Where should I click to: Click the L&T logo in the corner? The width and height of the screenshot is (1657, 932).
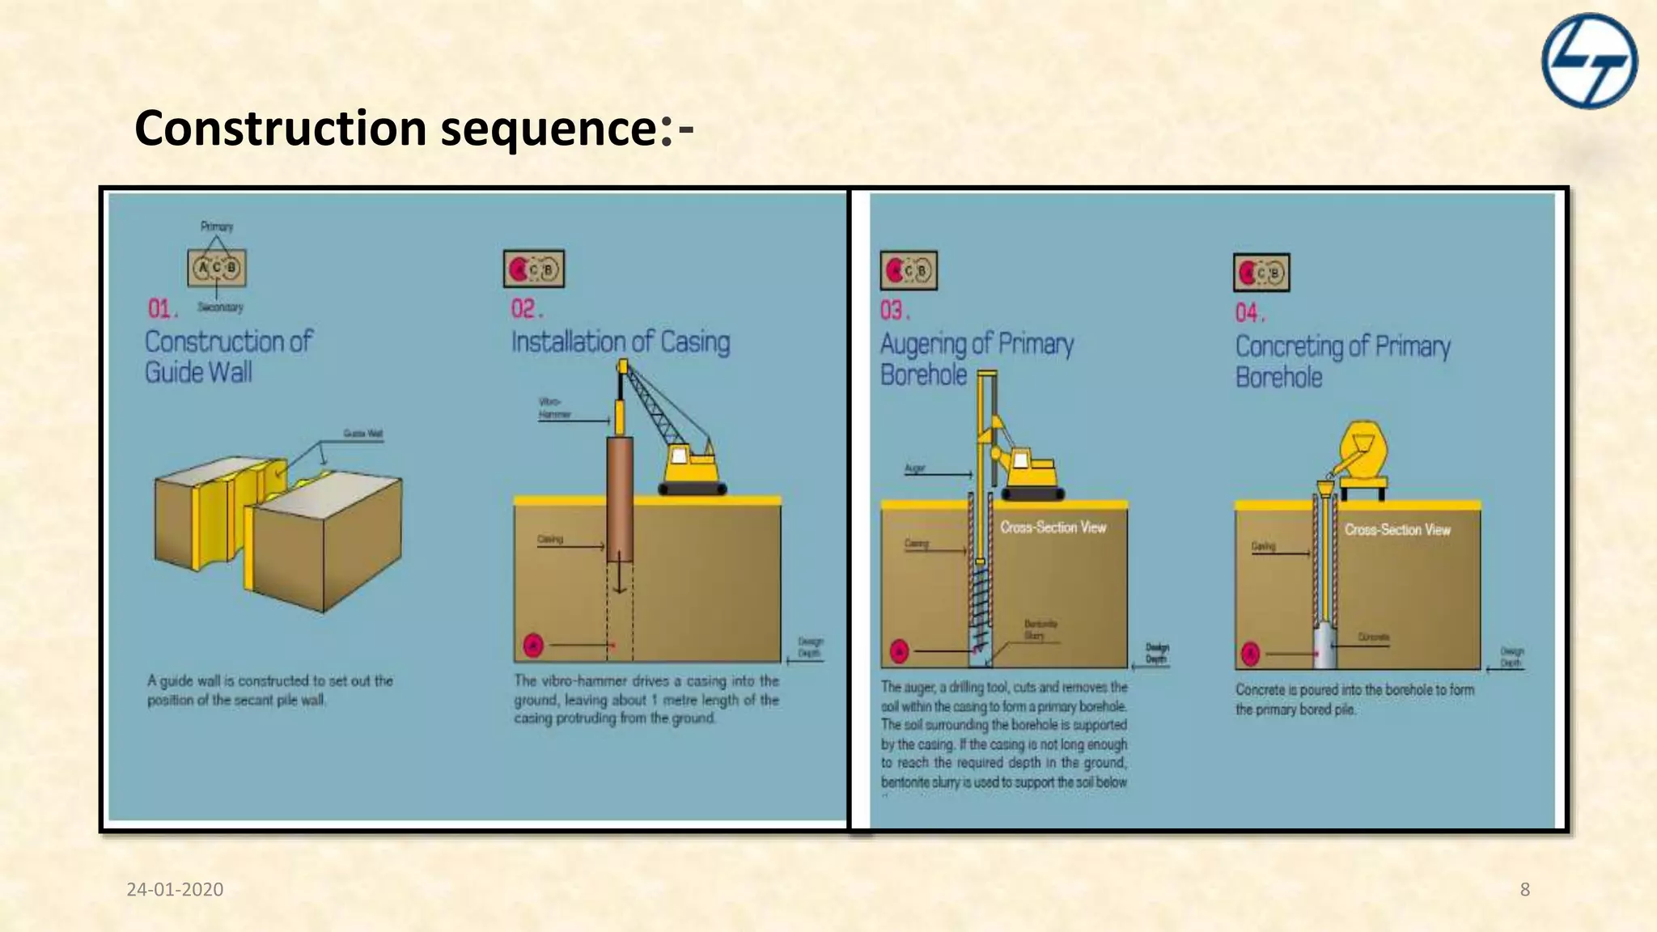click(x=1589, y=61)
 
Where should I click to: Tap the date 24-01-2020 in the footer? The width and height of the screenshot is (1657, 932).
click(x=175, y=889)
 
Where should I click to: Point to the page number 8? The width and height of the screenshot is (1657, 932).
click(x=1524, y=889)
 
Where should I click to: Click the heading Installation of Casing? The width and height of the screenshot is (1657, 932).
click(x=620, y=341)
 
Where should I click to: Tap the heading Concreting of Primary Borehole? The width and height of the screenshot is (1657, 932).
click(x=1341, y=361)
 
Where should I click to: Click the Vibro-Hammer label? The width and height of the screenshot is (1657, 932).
click(x=555, y=408)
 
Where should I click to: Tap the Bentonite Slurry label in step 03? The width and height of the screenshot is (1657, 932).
click(x=1040, y=629)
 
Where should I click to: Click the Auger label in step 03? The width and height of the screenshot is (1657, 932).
click(x=914, y=468)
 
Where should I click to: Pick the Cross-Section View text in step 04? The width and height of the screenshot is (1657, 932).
click(x=1397, y=530)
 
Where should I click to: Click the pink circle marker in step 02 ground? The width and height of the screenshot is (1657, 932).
click(x=532, y=645)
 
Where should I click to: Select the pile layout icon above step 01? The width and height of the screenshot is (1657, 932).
click(x=217, y=268)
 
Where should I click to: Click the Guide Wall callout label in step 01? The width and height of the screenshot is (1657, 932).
click(x=362, y=434)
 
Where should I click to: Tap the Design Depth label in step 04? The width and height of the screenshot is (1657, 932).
click(x=1511, y=656)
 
